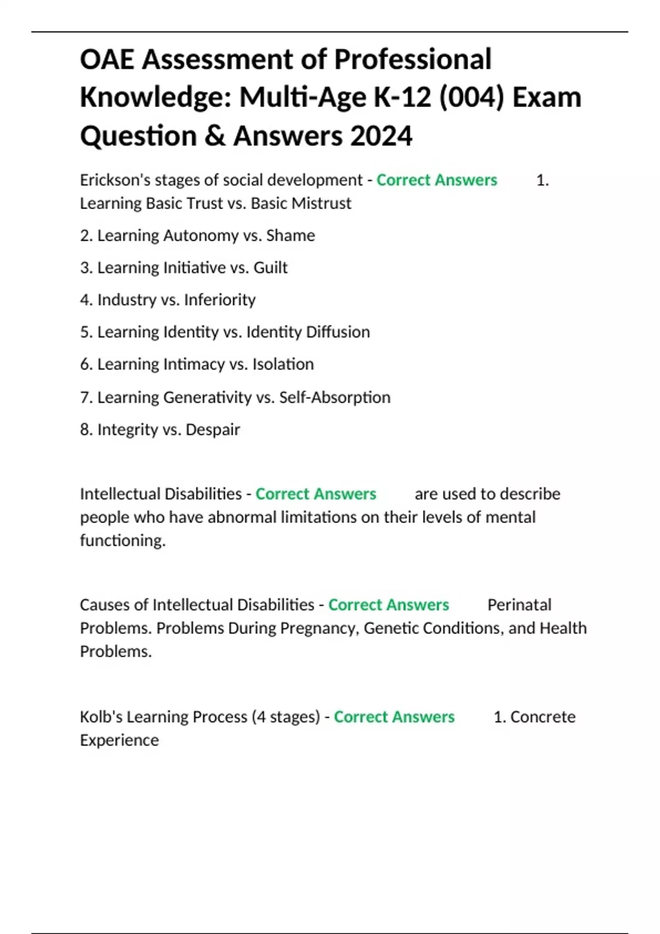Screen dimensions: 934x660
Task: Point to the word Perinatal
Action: [x=519, y=605]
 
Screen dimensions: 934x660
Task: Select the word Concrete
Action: [x=543, y=717]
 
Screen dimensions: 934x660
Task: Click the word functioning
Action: [x=122, y=541]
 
